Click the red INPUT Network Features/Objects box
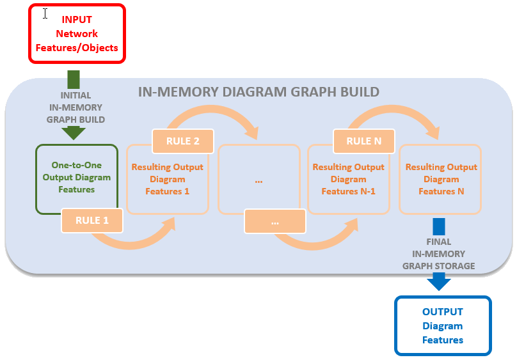pyautogui.click(x=77, y=33)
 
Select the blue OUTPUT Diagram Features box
pyautogui.click(x=443, y=325)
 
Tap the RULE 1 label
pyautogui.click(x=92, y=221)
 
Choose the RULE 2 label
pyautogui.click(x=183, y=141)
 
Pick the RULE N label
pyautogui.click(x=364, y=141)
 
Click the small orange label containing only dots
pyautogui.click(x=274, y=222)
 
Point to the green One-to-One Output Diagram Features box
pyautogui.click(x=77, y=178)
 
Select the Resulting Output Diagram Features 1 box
pyautogui.click(x=167, y=179)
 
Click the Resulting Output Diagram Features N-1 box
pyautogui.click(x=348, y=179)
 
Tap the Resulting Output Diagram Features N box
pyautogui.click(x=441, y=179)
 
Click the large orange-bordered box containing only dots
pyautogui.click(x=258, y=180)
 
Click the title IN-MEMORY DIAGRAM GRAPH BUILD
pyautogui.click(x=258, y=92)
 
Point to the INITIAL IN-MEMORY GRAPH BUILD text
pyautogui.click(x=76, y=107)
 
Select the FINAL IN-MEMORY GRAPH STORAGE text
pyautogui.click(x=438, y=254)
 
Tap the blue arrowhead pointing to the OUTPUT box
pyautogui.click(x=439, y=281)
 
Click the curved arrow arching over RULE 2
pyautogui.click(x=211, y=115)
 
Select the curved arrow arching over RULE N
pyautogui.click(x=393, y=114)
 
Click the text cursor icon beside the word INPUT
pyautogui.click(x=45, y=13)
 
